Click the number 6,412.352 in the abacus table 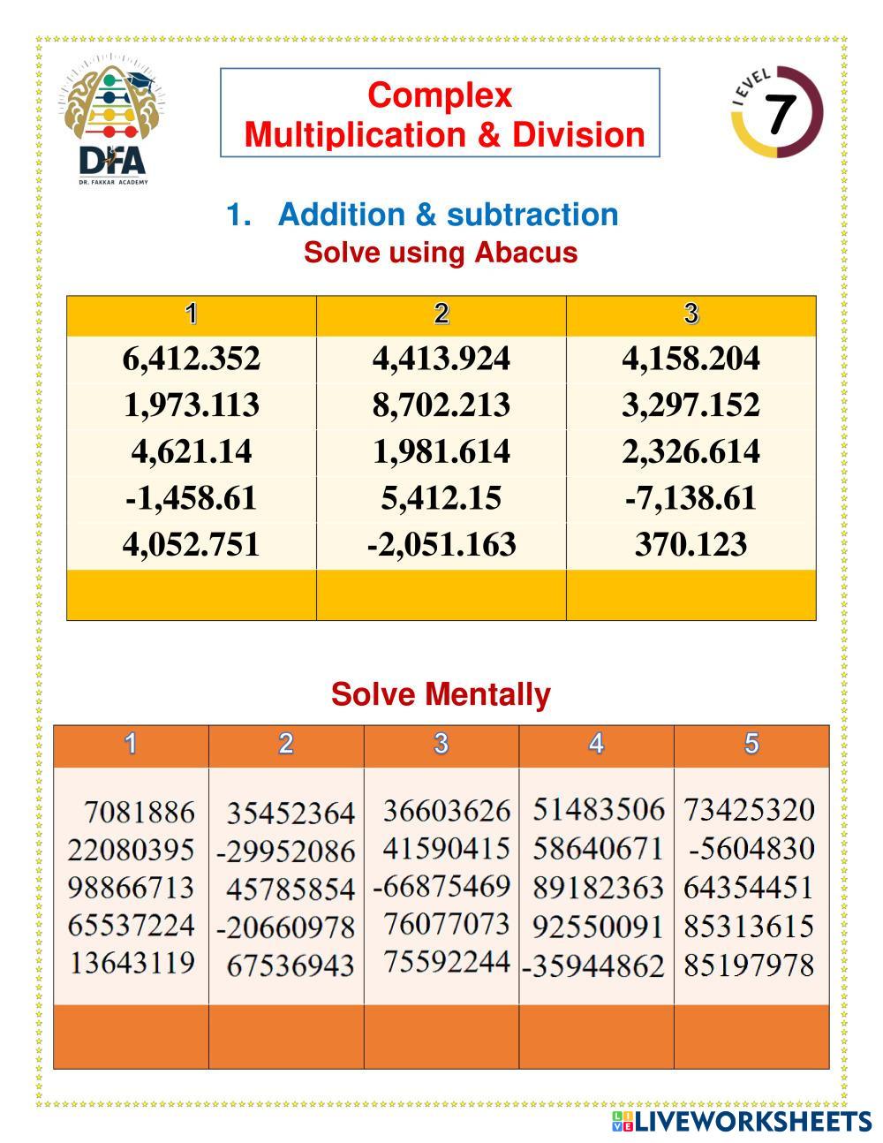pyautogui.click(x=192, y=359)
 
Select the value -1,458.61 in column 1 pyautogui.click(x=192, y=498)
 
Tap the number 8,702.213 pyautogui.click(x=441, y=405)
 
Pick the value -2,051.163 pyautogui.click(x=441, y=544)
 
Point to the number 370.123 pyautogui.click(x=691, y=544)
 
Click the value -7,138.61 pyautogui.click(x=691, y=498)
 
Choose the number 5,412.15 pyautogui.click(x=441, y=498)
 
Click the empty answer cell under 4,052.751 pyautogui.click(x=192, y=594)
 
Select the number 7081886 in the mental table pyautogui.click(x=139, y=811)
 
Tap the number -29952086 pyautogui.click(x=286, y=852)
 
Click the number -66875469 pyautogui.click(x=441, y=886)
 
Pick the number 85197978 pyautogui.click(x=749, y=965)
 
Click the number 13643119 pyautogui.click(x=132, y=962)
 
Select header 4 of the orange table pyautogui.click(x=596, y=745)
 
